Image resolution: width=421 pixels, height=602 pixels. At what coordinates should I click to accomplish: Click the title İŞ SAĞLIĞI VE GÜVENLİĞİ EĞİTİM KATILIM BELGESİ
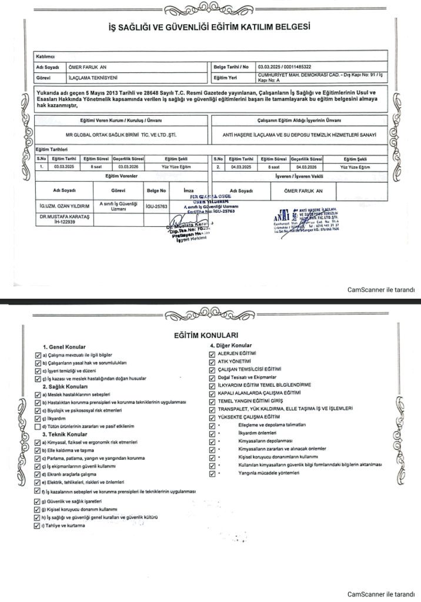tap(210, 26)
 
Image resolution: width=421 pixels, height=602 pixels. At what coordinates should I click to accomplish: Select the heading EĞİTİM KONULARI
tap(210, 335)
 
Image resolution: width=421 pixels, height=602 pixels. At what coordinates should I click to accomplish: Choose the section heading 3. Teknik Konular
tap(65, 433)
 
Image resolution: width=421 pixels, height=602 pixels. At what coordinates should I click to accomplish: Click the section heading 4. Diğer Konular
tap(231, 345)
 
